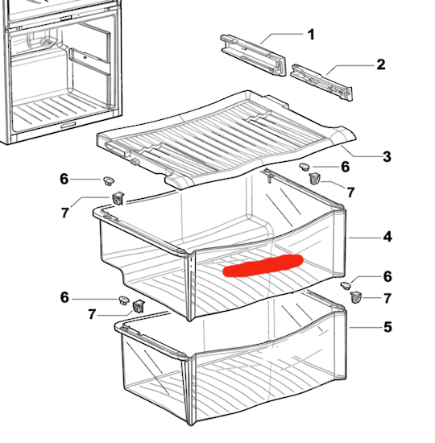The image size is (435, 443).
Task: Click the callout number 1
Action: (311, 35)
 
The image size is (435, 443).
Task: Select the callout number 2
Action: (381, 64)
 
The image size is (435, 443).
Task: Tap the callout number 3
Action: (387, 156)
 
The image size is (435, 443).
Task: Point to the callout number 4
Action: (387, 237)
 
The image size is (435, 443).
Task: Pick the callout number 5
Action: (387, 327)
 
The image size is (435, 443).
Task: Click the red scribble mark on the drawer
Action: (263, 265)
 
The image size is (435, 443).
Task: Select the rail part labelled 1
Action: (253, 55)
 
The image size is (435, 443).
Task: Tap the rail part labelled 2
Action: (321, 82)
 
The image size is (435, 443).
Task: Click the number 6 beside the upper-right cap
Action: (345, 167)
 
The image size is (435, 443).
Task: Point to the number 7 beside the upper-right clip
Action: (350, 193)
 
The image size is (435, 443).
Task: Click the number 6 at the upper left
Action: (64, 179)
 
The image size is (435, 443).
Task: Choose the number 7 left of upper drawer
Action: (65, 213)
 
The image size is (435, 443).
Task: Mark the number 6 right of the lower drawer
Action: (387, 276)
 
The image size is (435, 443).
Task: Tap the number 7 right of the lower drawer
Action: (387, 298)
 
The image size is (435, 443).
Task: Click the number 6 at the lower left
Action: (64, 297)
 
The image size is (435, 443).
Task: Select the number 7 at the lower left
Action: (92, 314)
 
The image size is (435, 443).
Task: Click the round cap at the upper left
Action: (109, 180)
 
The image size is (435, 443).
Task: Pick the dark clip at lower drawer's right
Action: (356, 297)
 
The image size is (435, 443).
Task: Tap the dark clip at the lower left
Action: (139, 307)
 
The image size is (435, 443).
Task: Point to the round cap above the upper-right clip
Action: (304, 167)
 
